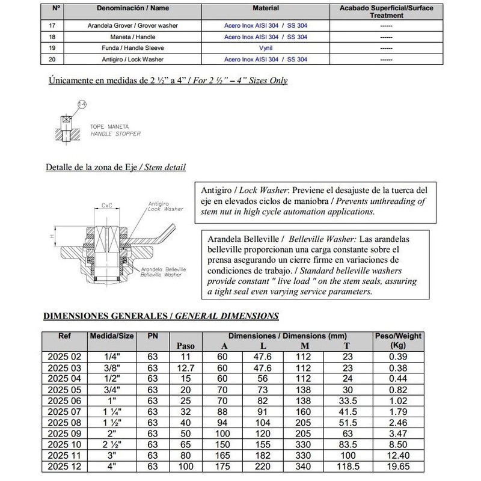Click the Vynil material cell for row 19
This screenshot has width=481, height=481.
[266, 48]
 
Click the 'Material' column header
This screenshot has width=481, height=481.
[266, 9]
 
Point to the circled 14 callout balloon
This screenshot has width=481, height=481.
[82, 104]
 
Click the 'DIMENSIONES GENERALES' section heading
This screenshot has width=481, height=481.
[106, 315]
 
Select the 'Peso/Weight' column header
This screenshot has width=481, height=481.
[397, 335]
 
